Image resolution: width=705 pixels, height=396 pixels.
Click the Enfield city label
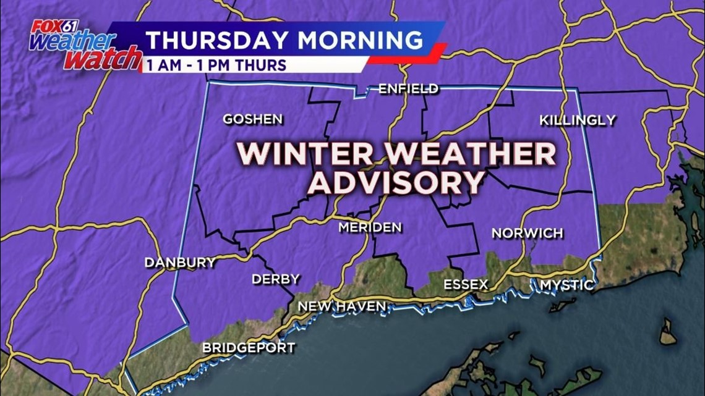408,89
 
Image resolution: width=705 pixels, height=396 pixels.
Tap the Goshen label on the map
253,119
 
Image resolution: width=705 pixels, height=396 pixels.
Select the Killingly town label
578,120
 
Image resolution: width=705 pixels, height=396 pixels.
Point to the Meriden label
370,227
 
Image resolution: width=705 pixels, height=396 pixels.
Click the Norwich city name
527,234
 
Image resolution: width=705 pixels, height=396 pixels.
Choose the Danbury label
180,263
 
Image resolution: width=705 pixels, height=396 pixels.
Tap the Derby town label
275,279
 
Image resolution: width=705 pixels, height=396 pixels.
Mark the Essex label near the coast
466,285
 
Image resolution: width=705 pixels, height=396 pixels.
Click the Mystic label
566,285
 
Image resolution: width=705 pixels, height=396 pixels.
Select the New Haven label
342,306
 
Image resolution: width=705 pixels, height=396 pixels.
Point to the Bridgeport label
249,348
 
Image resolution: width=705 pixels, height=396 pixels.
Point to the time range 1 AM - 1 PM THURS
216,65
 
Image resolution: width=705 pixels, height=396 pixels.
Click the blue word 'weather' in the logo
72,42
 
